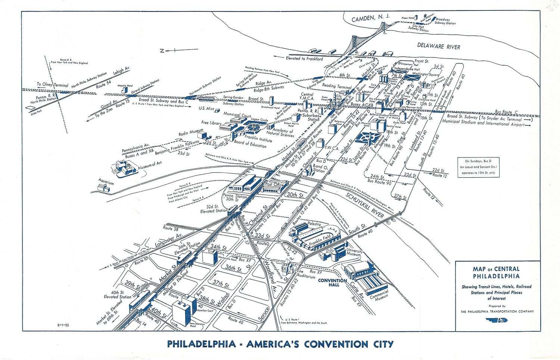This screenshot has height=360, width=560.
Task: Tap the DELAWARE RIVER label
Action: click(439, 46)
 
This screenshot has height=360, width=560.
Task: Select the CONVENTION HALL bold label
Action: click(332, 282)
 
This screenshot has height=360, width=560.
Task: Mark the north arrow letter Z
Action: click(162, 51)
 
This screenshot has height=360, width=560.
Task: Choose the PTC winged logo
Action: click(497, 320)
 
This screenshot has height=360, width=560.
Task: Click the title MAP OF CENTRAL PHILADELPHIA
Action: click(496, 272)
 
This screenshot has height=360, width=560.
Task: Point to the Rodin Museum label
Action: click(190, 133)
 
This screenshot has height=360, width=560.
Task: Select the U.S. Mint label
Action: click(206, 109)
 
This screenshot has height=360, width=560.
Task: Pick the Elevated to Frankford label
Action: click(304, 59)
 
